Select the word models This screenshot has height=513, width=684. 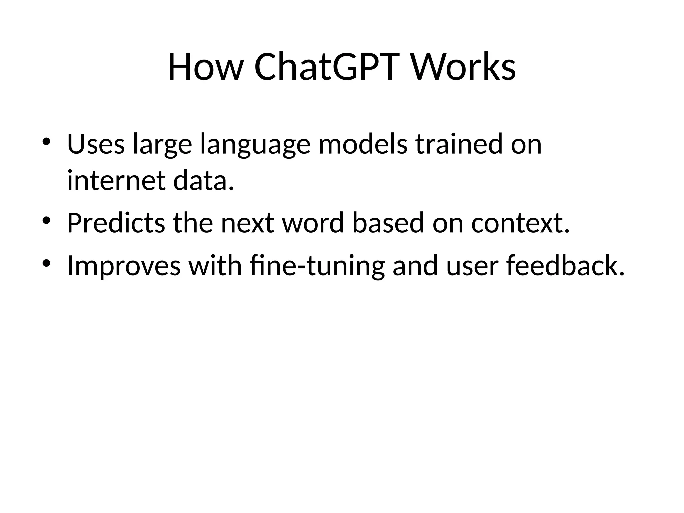click(363, 144)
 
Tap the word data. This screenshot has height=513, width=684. click(203, 181)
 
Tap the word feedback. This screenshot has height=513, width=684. click(564, 266)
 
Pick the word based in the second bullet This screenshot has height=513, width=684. click(388, 223)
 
